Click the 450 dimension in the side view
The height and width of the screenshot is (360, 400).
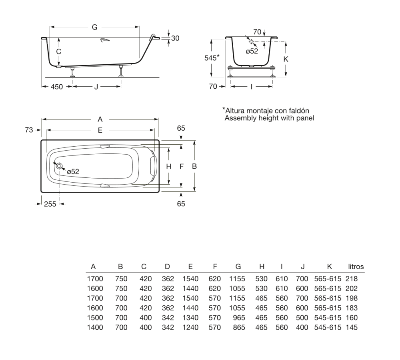click(x=57, y=87)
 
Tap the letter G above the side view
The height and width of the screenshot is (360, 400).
click(x=95, y=27)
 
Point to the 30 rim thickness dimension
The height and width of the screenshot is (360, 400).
click(x=175, y=38)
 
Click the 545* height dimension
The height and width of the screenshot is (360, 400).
click(x=212, y=58)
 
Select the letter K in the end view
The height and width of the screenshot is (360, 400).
click(x=286, y=59)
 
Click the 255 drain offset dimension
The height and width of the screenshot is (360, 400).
click(x=50, y=204)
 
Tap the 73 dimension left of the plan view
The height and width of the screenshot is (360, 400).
click(x=29, y=130)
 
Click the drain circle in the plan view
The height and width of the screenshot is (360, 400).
click(x=59, y=166)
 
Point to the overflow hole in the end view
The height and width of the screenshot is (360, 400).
click(x=251, y=41)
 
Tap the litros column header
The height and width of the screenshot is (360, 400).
click(x=356, y=267)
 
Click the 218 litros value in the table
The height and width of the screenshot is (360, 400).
click(x=352, y=279)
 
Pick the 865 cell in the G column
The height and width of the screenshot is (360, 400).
click(x=239, y=327)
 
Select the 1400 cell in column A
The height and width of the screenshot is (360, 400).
click(x=95, y=327)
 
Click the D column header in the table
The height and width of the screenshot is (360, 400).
click(x=167, y=267)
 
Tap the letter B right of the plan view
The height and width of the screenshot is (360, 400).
click(x=194, y=166)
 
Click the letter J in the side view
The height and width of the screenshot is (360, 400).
click(x=96, y=87)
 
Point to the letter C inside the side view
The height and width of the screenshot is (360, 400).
click(x=59, y=52)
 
